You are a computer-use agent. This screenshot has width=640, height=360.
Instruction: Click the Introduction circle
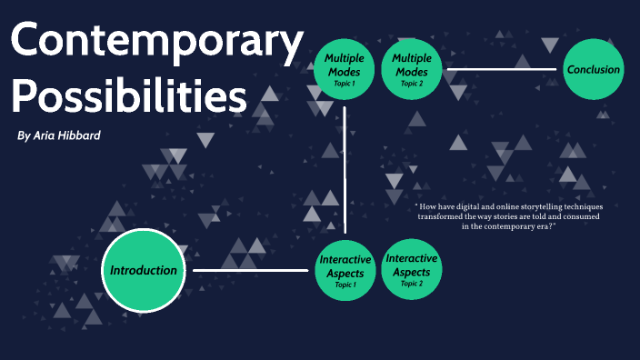(144, 270)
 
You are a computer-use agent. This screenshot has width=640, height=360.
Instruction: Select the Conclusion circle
(594, 70)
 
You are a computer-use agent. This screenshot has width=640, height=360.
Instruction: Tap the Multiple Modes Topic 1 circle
(345, 70)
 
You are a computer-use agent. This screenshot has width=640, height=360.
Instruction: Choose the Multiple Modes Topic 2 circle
(412, 70)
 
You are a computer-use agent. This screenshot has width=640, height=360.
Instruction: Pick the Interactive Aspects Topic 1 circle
(345, 270)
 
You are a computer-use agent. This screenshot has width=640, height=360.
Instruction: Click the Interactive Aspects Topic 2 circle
(412, 269)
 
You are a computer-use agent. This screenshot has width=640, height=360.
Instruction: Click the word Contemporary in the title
(156, 44)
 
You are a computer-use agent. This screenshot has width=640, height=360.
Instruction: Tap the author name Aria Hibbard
(77, 135)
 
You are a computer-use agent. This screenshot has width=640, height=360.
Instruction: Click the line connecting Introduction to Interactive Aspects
(250, 270)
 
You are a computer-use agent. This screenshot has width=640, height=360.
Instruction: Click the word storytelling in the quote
(524, 206)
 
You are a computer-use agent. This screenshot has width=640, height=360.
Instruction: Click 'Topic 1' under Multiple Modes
(344, 84)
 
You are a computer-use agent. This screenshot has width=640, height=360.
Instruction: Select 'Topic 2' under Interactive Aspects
(412, 284)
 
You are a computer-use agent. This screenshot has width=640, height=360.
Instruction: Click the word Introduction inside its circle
(144, 270)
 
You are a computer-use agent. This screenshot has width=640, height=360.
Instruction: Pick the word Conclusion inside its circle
(594, 69)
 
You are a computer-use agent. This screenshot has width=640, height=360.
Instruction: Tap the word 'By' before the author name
(23, 135)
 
